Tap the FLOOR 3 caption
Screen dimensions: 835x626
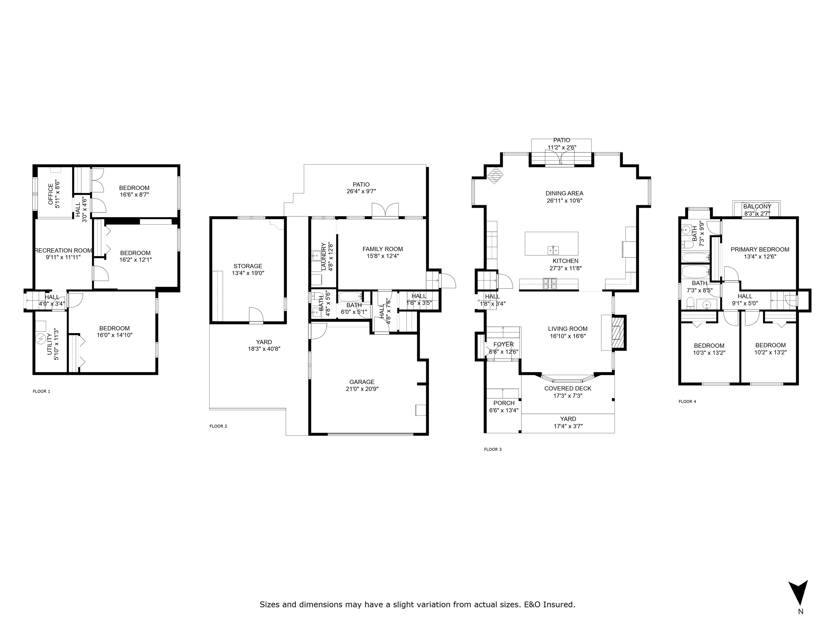[493, 449]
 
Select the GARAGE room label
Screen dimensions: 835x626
[362, 382]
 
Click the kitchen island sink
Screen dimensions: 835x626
[553, 250]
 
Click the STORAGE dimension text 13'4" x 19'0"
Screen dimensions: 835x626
[248, 273]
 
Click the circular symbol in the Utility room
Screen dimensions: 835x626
[40, 340]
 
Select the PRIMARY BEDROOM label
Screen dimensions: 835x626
[760, 249]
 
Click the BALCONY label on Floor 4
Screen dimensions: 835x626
[757, 206]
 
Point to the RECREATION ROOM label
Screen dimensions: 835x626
[63, 251]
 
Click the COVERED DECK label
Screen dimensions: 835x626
[568, 388]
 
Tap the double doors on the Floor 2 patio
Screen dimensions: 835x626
[385, 210]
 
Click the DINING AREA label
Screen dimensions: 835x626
[564, 193]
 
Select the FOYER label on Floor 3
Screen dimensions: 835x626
[504, 345]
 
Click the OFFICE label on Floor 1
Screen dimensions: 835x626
[51, 194]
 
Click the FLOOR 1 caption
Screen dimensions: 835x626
[42, 391]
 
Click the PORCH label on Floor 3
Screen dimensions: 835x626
[504, 403]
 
